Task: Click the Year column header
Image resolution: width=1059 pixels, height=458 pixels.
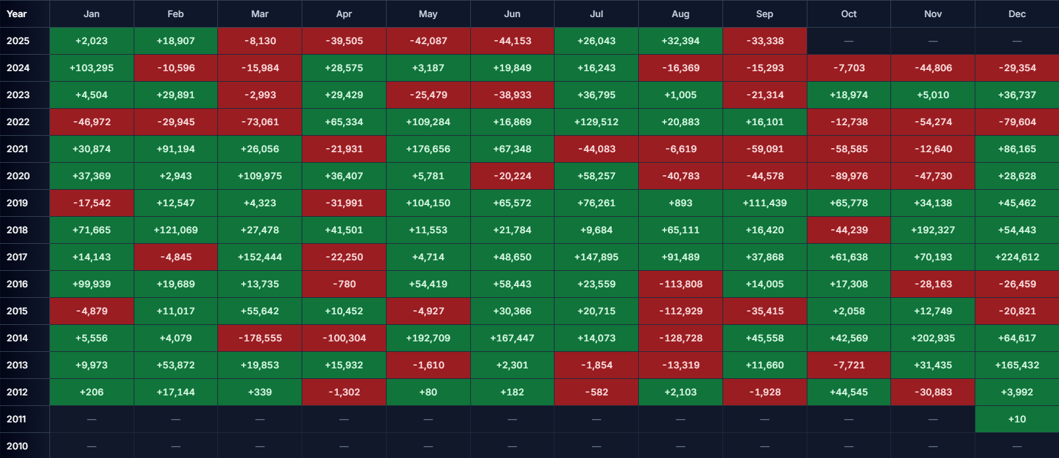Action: tap(17, 14)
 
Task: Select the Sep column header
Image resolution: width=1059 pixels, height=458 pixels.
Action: tap(765, 14)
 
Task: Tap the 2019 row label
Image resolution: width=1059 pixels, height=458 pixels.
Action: tap(17, 203)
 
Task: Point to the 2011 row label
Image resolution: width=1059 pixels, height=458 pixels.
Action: tap(16, 419)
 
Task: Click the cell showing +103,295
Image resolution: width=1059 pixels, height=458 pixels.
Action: tap(92, 68)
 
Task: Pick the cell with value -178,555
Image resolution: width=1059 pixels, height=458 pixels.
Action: tap(260, 338)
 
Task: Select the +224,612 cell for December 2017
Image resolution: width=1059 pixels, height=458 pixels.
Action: tap(1017, 257)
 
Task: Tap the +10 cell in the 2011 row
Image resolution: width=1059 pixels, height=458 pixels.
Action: tap(1017, 419)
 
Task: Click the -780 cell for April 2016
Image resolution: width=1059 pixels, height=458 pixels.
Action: tap(344, 284)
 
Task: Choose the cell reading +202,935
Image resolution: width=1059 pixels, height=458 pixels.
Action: tap(933, 338)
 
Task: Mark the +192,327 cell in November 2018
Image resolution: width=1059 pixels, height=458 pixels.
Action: tap(933, 230)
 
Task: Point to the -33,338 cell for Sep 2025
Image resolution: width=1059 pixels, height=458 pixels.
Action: tap(765, 41)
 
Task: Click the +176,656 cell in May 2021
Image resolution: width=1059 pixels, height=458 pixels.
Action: tap(428, 149)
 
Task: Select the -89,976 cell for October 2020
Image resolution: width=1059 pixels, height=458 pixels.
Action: tap(849, 176)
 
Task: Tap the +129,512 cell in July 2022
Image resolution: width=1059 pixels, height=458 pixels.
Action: tap(596, 122)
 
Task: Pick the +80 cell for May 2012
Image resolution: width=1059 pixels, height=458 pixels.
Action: tap(428, 392)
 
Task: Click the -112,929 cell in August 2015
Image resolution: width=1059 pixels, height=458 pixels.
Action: tap(680, 311)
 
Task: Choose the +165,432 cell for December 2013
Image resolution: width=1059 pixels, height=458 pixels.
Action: tap(1017, 365)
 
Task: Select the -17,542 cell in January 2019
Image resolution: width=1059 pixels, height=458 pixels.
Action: tap(92, 203)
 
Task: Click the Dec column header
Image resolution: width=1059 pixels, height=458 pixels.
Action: tap(1017, 14)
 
